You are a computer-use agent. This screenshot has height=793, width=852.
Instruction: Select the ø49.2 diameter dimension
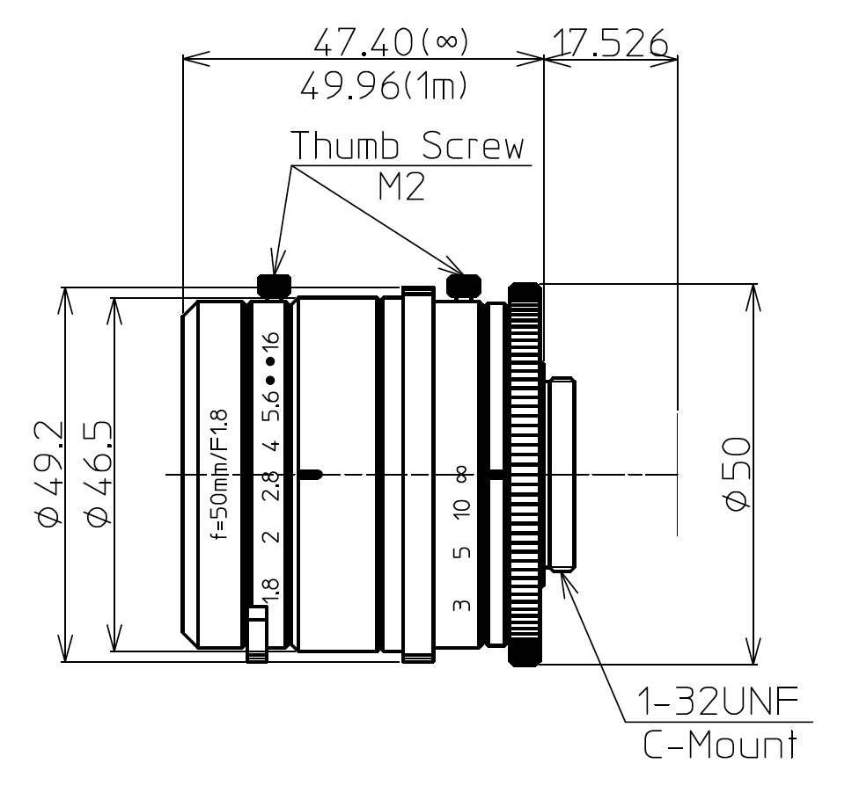coord(49,475)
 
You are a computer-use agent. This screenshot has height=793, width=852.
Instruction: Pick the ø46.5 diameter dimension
coord(98,475)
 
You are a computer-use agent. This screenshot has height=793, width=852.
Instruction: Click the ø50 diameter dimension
coord(734,475)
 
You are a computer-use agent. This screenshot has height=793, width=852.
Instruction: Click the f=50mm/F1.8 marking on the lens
coord(220,475)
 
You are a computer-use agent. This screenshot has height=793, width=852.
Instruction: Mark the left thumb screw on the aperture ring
coord(274,285)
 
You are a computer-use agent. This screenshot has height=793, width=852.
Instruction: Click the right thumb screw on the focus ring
coord(463,285)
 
